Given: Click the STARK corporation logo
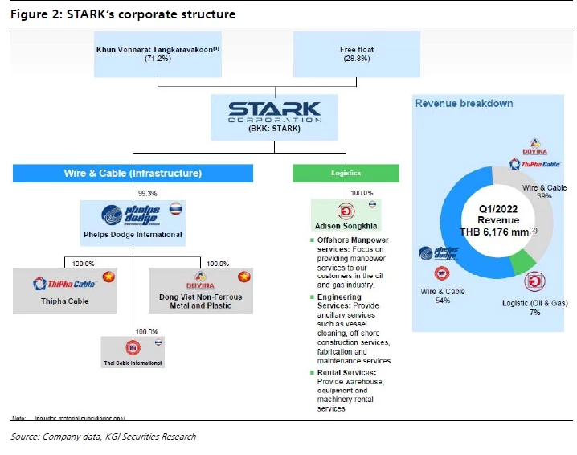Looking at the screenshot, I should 274,112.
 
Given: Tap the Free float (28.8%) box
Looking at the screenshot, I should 357,55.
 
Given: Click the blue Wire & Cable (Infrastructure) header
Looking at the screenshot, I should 133,173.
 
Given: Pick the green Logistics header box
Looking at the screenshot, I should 344,173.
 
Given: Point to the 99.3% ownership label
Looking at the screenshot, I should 147,193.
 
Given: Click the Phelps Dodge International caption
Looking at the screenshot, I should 133,235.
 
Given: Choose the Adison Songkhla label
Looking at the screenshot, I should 347,226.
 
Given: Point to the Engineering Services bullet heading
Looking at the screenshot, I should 345,297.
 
